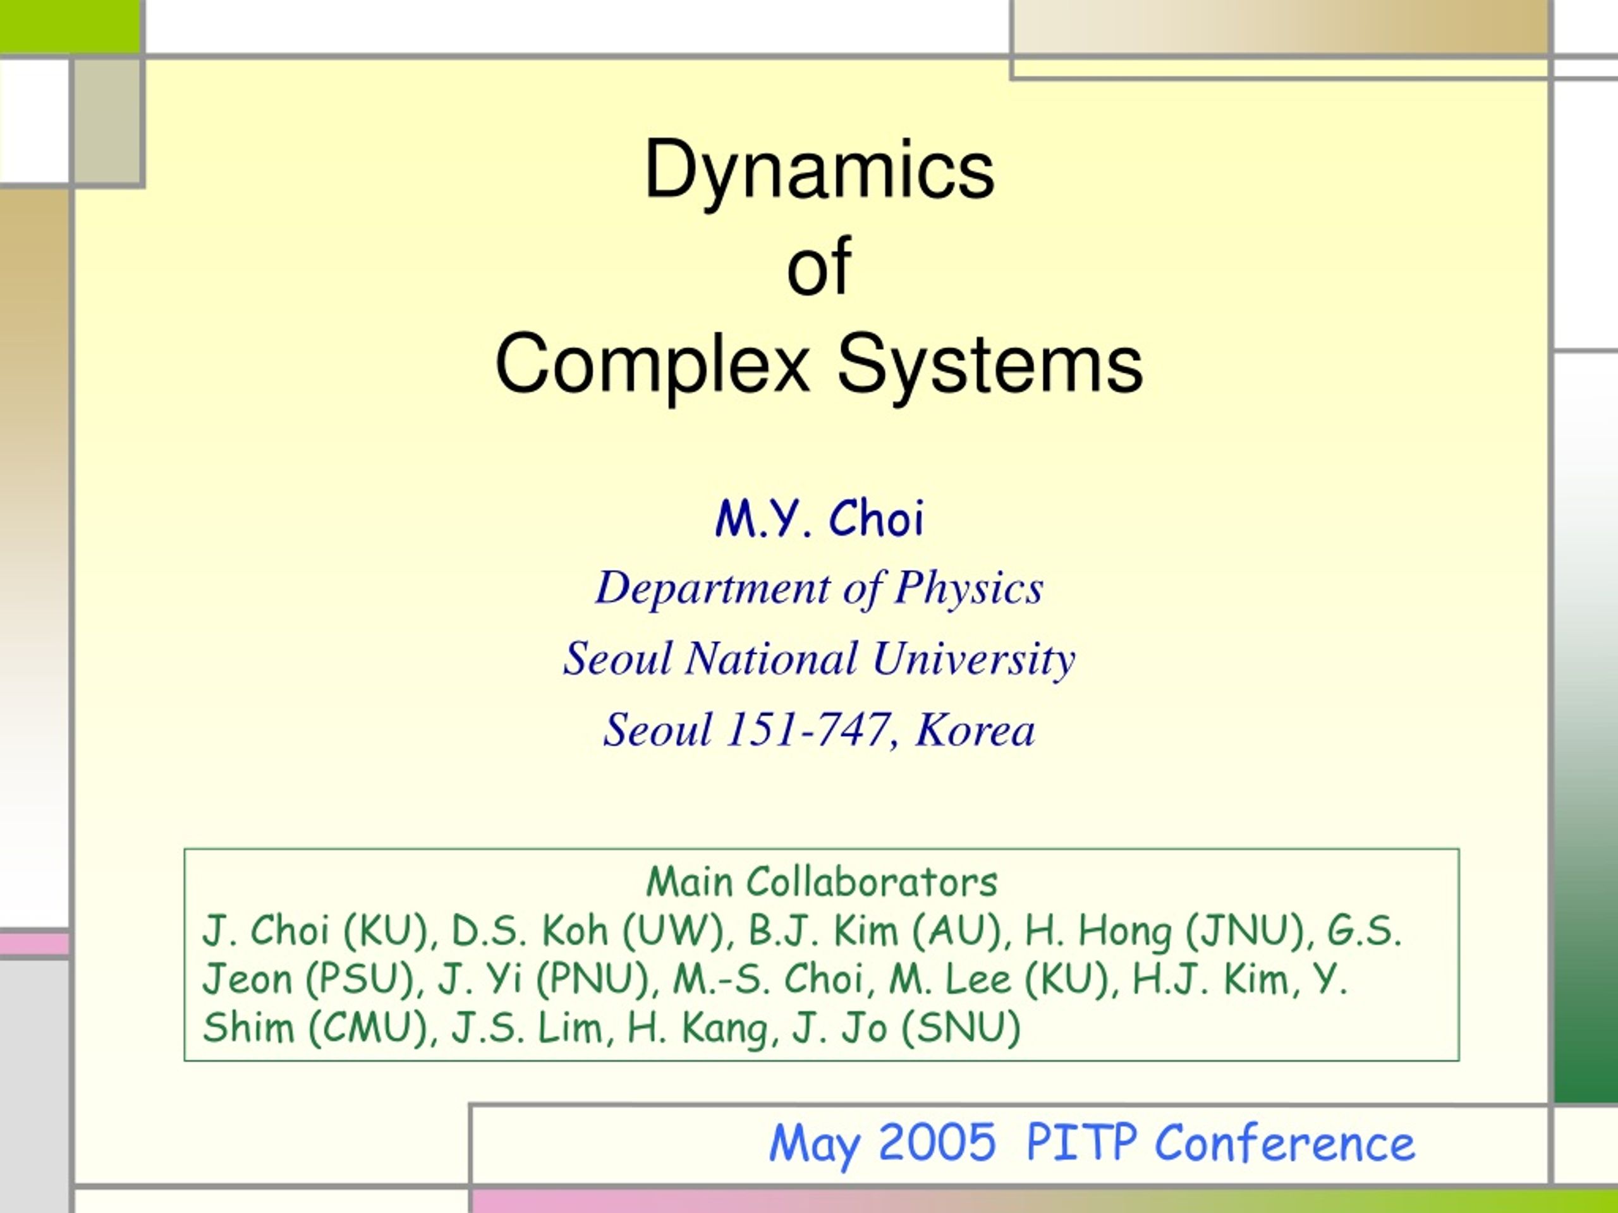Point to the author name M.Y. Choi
point(819,519)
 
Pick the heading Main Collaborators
point(822,882)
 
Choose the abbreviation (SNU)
point(961,1027)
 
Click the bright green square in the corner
point(70,27)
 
